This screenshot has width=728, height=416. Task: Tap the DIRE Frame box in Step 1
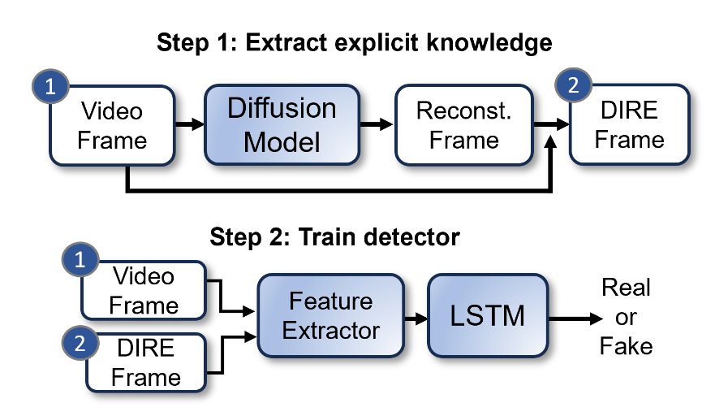[x=629, y=125]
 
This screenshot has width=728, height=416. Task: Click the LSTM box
[x=488, y=316]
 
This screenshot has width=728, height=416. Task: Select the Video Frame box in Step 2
[x=144, y=290]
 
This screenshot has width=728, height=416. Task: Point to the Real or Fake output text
[x=626, y=317]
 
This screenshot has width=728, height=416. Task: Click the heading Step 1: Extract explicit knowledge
[x=355, y=42]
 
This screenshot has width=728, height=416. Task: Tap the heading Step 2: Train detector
[x=335, y=236]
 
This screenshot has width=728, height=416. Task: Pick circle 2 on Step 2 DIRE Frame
[x=80, y=344]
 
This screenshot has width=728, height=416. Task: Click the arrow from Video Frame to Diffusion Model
[x=189, y=125]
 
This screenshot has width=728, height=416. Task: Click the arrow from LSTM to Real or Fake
[x=571, y=317]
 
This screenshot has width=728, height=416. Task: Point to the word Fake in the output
[x=626, y=347]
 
